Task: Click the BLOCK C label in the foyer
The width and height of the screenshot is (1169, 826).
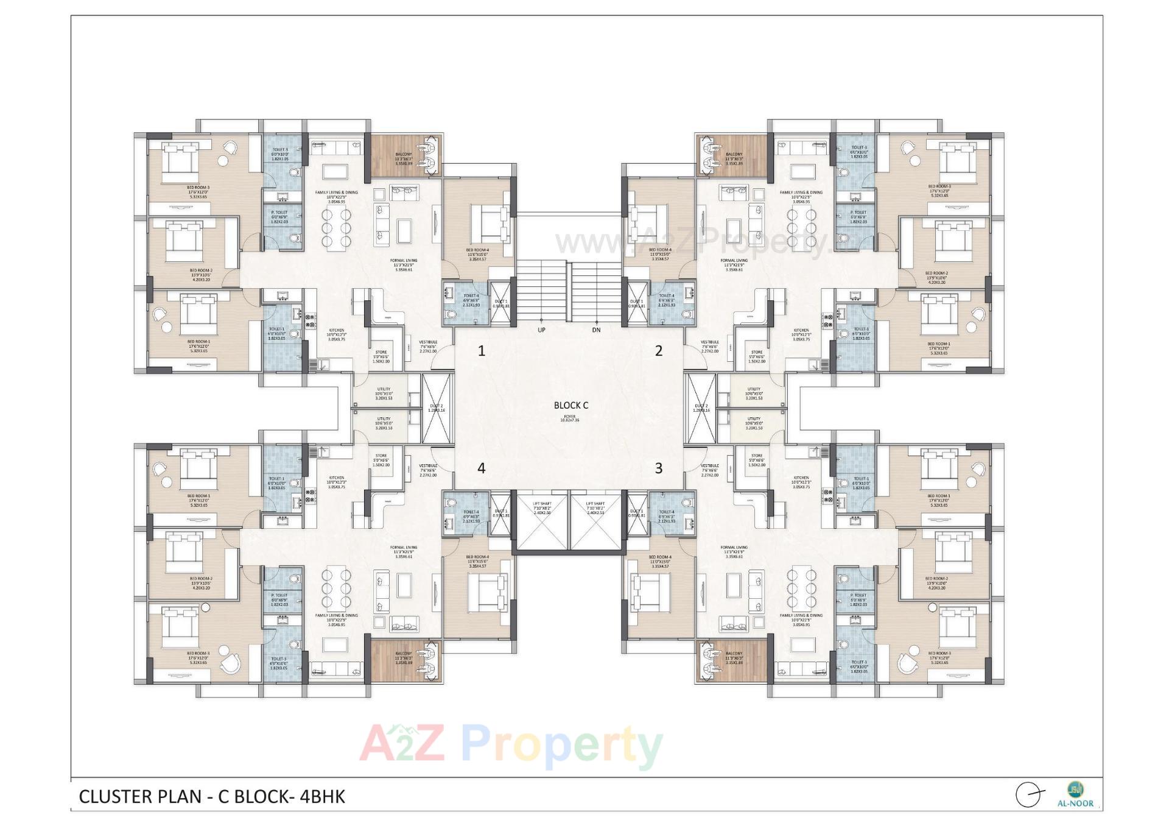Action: [570, 405]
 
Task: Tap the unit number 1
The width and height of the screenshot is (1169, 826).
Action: [482, 351]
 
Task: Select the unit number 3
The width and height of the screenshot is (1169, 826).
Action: [658, 468]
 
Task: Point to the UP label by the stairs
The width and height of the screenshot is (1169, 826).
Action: [541, 330]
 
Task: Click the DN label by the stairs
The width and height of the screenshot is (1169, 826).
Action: [596, 330]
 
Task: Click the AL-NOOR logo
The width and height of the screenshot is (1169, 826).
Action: [1079, 794]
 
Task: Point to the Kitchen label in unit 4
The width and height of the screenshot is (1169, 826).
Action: [336, 478]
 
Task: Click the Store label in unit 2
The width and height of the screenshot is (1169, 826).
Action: [756, 353]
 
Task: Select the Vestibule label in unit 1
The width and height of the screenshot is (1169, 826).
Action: [428, 343]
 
